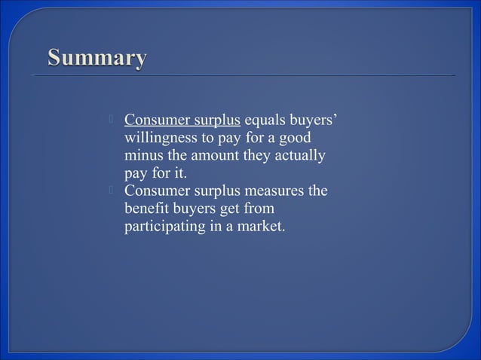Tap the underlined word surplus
tap(214, 121)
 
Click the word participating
tap(163, 226)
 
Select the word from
tap(259, 209)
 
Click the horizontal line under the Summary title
tap(241, 76)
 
